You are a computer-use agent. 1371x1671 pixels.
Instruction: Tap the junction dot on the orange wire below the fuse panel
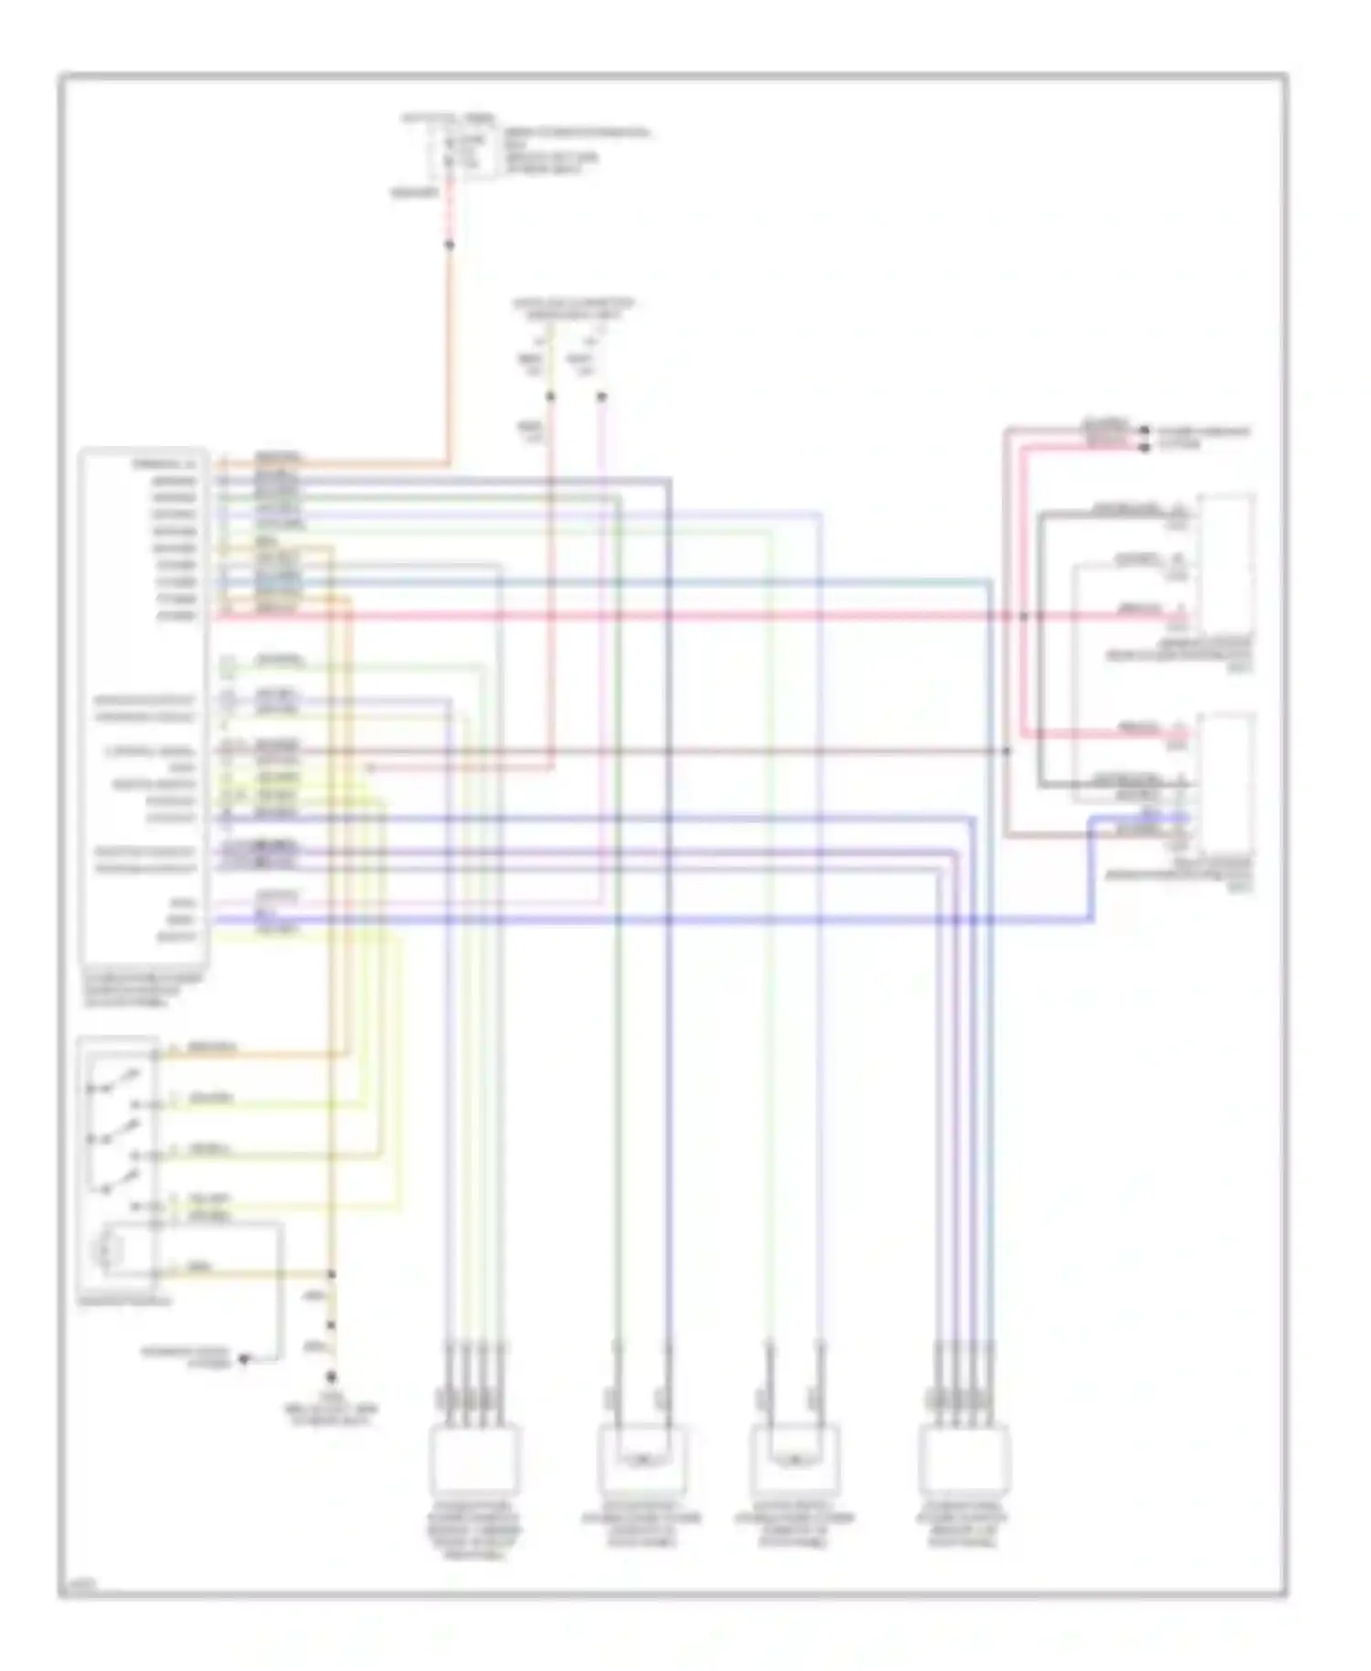click(x=449, y=245)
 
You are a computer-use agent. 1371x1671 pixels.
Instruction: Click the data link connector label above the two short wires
click(x=573, y=308)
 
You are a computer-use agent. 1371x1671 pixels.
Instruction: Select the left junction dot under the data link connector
click(x=550, y=397)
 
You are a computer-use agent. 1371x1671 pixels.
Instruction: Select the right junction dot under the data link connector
click(x=601, y=397)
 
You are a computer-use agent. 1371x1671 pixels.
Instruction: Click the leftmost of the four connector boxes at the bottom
click(x=474, y=1459)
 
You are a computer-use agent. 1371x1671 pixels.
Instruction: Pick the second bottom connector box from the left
click(x=642, y=1457)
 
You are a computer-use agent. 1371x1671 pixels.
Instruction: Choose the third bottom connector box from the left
click(x=794, y=1457)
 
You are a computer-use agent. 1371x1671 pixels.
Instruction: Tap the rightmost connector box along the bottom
click(x=964, y=1459)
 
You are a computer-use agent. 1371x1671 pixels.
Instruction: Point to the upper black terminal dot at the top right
click(x=1144, y=430)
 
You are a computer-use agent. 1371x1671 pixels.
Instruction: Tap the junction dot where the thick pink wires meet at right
click(x=1024, y=616)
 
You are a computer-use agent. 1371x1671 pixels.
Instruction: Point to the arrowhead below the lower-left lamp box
click(x=244, y=1359)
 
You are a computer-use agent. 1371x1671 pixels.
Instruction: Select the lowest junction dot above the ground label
click(x=331, y=1376)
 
